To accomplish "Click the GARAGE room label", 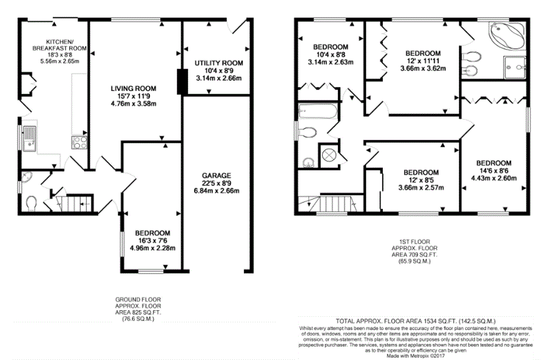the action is click(x=217, y=175).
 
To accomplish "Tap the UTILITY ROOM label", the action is click(x=219, y=63).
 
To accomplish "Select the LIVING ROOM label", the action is click(x=134, y=89).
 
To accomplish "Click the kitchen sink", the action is click(x=30, y=138).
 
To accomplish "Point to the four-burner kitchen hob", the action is click(x=79, y=142).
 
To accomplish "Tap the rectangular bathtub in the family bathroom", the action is click(x=318, y=111).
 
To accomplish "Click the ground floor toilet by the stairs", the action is click(x=32, y=203).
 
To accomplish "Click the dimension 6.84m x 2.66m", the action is click(x=217, y=191).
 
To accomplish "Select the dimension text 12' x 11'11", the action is click(x=423, y=61).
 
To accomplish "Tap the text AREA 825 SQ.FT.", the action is click(x=139, y=312).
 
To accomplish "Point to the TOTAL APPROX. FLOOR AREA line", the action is click(x=416, y=321).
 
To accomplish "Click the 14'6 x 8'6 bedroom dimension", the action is click(x=494, y=171).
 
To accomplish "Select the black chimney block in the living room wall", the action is click(x=182, y=82).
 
